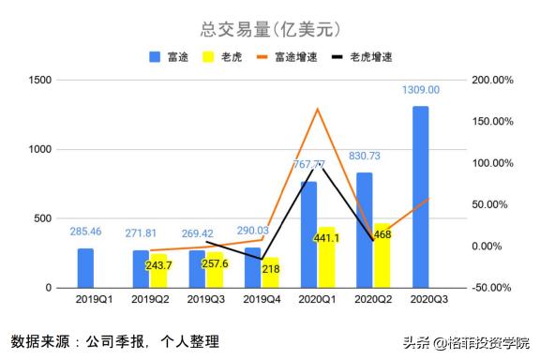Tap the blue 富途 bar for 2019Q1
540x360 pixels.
tap(85, 268)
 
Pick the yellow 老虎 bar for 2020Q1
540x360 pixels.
tap(326, 257)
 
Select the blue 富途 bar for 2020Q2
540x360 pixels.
tap(364, 230)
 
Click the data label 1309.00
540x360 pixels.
tap(420, 90)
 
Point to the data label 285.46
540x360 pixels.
tap(84, 231)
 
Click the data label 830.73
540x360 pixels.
tap(365, 156)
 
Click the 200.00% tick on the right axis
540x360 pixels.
tap(493, 81)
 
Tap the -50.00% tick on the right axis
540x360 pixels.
tap(493, 288)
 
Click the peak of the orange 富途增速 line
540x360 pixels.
tap(317, 110)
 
